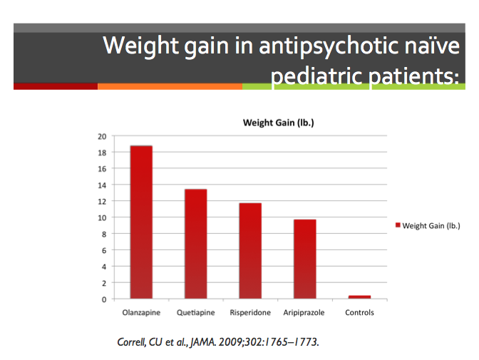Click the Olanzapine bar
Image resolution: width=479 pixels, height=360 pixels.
140,222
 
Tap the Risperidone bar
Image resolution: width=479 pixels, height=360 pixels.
250,250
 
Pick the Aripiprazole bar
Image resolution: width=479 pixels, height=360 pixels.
304,259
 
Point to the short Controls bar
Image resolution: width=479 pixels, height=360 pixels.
359,297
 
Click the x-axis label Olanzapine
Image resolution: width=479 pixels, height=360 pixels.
140,313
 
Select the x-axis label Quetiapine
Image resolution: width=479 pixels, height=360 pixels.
195,313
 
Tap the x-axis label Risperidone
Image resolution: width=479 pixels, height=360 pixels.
249,313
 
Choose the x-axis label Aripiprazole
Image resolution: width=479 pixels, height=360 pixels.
304,313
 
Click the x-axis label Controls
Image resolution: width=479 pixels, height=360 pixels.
359,313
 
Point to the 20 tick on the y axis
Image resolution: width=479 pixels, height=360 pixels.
102,136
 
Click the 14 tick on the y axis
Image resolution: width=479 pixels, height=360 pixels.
102,185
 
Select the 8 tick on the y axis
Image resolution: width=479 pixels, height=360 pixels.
104,234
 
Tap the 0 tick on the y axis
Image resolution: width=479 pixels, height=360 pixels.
104,299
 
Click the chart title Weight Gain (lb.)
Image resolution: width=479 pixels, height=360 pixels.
279,123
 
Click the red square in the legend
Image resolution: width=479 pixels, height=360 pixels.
398,226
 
